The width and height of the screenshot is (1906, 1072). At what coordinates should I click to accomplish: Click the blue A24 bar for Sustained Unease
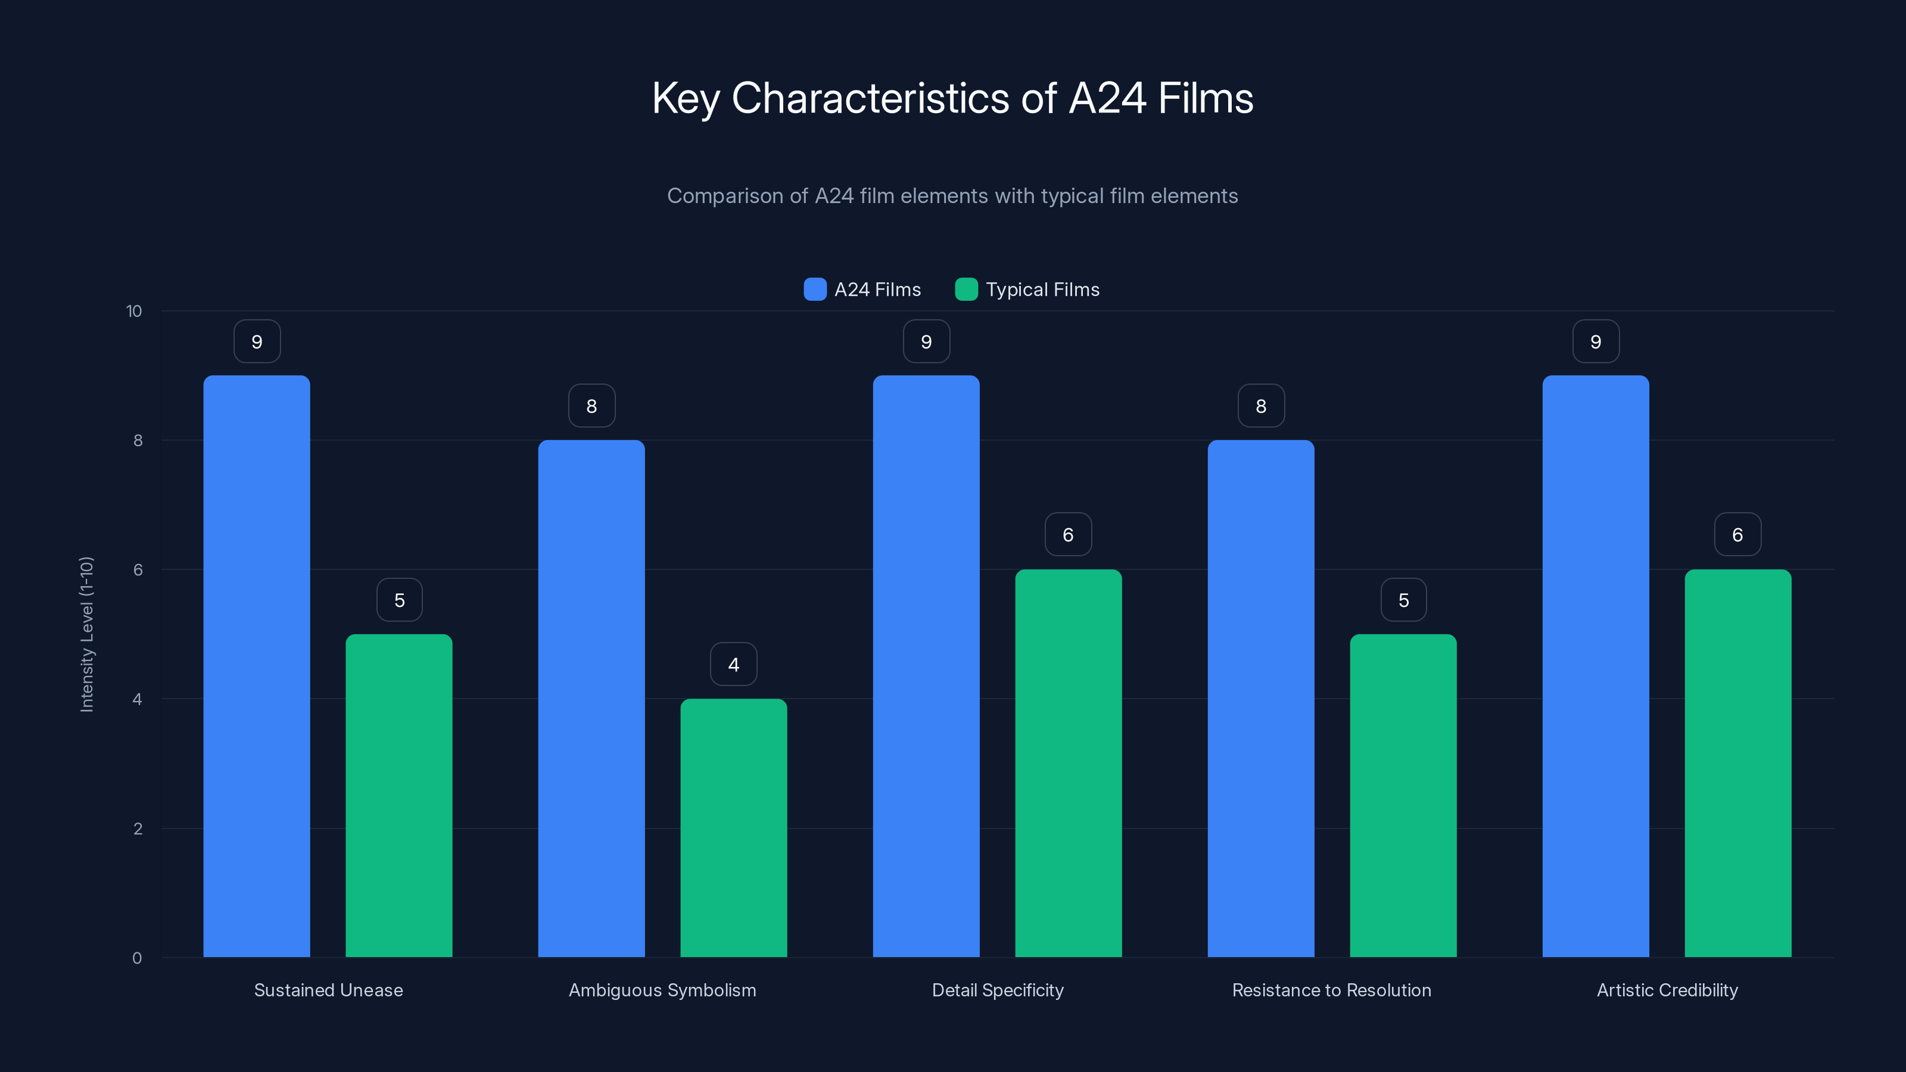pos(257,666)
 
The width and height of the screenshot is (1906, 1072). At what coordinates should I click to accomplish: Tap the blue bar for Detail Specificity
pos(926,666)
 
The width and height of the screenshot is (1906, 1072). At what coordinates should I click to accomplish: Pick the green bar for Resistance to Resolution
pos(1403,795)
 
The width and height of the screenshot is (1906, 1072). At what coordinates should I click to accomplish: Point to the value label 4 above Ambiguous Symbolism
pos(733,665)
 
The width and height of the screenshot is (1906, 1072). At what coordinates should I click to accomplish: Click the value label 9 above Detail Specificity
pos(926,342)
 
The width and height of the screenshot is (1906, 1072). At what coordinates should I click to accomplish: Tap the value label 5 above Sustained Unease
pos(400,600)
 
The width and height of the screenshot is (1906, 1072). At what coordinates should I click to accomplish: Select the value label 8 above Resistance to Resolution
pos(1261,406)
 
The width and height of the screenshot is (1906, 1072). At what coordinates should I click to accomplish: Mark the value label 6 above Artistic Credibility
pos(1737,535)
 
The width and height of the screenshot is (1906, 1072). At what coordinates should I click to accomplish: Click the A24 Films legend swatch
pos(815,289)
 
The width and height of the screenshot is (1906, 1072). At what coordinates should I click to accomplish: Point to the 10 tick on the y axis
pos(134,311)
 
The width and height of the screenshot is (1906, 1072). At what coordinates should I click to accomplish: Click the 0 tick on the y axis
pos(137,958)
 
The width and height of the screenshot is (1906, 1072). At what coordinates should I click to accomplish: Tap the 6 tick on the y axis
pos(138,570)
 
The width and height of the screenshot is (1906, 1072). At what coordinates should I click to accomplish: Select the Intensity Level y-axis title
pos(86,634)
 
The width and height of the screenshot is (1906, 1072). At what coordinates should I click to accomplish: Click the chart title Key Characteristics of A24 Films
pos(952,98)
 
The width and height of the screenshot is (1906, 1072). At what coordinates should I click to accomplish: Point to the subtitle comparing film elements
pos(952,196)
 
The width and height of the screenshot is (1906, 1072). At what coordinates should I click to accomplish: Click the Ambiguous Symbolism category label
pos(662,990)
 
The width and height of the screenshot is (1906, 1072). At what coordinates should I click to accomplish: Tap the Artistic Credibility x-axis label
pos(1667,990)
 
